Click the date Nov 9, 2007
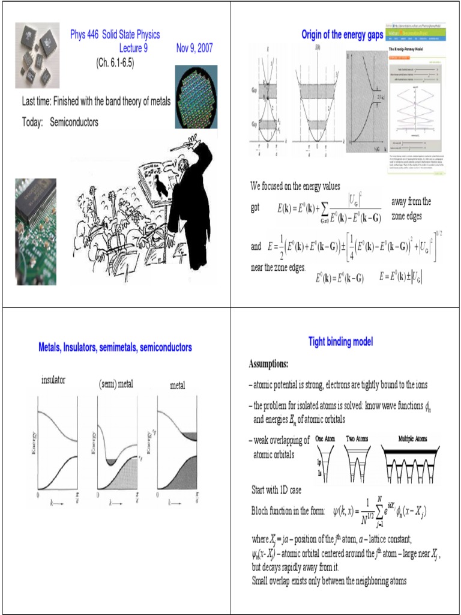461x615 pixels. [x=194, y=48]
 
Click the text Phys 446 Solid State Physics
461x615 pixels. [x=115, y=35]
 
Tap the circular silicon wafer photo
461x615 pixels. [x=196, y=97]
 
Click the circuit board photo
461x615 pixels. [x=35, y=231]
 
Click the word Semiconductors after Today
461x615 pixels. [x=74, y=122]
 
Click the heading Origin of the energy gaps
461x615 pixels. [x=342, y=35]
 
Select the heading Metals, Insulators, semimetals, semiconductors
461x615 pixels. [x=115, y=347]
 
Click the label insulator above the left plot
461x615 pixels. [x=53, y=380]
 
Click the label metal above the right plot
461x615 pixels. [x=177, y=386]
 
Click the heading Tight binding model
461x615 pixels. [x=340, y=342]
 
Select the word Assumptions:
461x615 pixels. [x=268, y=364]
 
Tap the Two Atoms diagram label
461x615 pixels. [x=357, y=438]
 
